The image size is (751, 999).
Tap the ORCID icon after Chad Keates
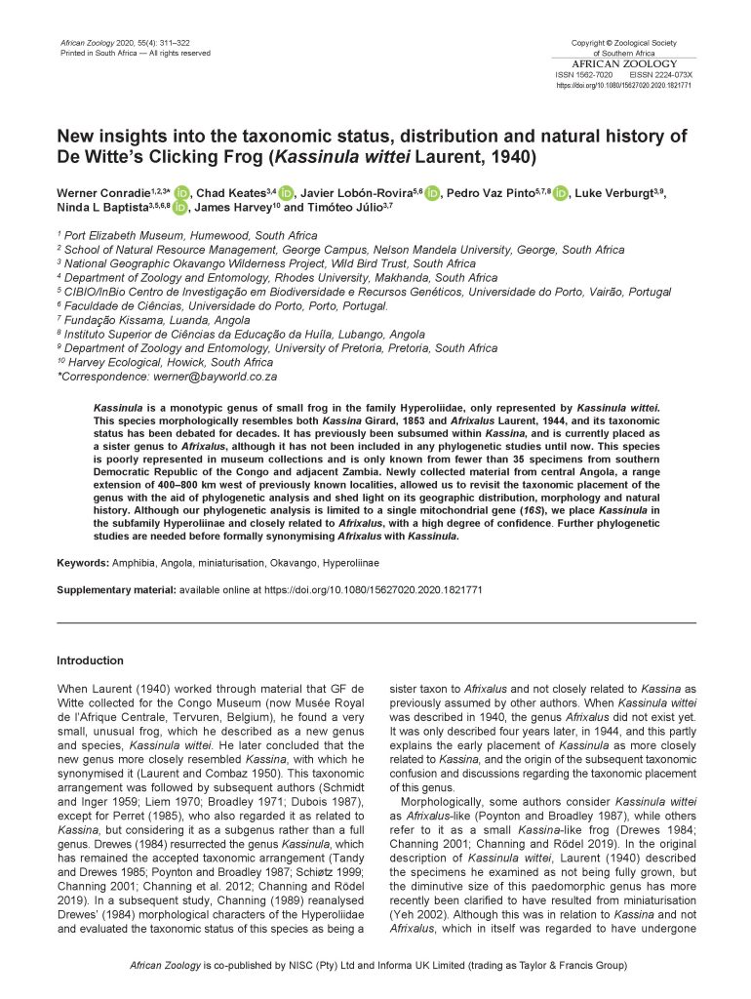click(286, 194)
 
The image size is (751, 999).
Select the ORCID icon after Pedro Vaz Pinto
click(560, 194)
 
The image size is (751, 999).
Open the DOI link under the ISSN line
click(624, 86)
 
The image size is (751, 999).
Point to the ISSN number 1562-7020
click(594, 75)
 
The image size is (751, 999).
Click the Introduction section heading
click(90, 660)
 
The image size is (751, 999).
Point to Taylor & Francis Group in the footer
click(570, 966)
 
